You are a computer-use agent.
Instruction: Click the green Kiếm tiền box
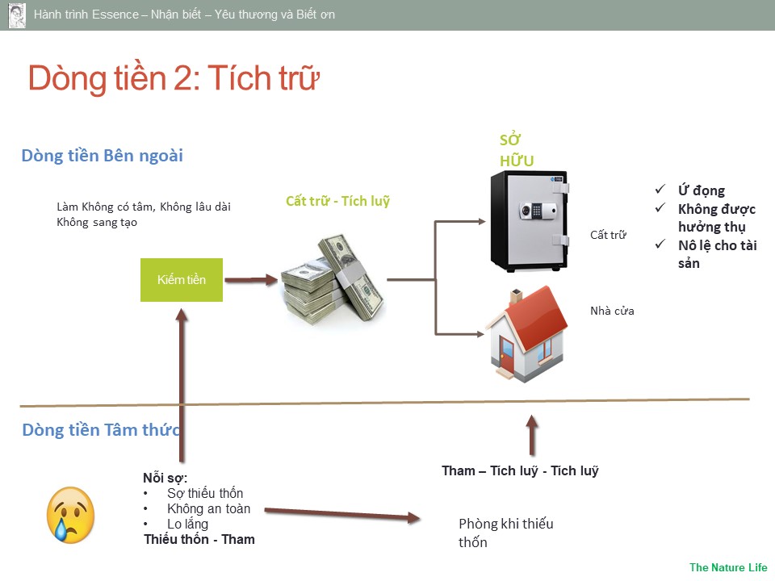coord(182,280)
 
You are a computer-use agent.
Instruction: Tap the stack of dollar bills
coord(333,279)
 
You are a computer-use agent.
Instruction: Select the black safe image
coord(530,221)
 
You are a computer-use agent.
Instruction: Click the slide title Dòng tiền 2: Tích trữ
coord(174,79)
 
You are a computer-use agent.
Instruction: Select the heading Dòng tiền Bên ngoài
coord(103,156)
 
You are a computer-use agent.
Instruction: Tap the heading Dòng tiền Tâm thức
coord(101,430)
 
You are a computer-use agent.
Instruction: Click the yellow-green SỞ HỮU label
coord(517,150)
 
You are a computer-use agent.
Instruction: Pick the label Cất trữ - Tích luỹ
coord(337,201)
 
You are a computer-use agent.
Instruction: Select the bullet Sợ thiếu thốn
coord(205,493)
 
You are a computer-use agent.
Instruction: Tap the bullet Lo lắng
coord(187,525)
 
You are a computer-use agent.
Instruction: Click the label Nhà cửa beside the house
coord(612,311)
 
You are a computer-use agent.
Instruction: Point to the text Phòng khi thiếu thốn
coord(505,533)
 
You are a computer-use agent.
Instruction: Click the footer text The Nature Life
coord(728,567)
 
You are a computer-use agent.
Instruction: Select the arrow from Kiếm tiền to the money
coord(250,281)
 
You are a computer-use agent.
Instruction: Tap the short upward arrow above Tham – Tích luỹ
coord(531,436)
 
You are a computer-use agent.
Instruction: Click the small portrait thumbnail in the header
coord(17,15)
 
